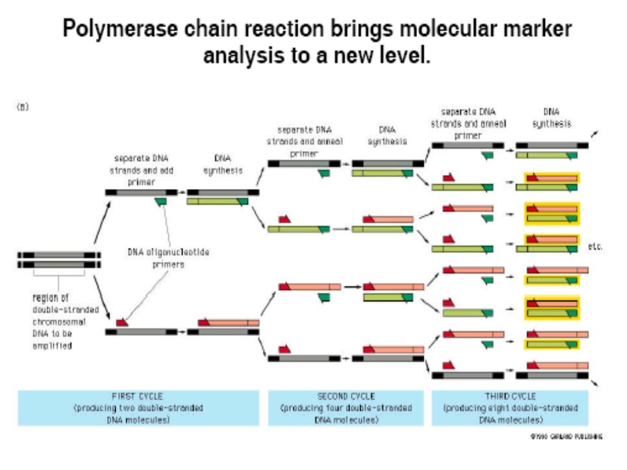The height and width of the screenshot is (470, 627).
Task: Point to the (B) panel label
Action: click(23, 106)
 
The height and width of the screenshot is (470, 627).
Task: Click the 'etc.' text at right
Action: click(595, 247)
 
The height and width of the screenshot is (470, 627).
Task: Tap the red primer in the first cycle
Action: click(122, 322)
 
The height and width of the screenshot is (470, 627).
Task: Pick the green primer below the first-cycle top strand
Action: click(162, 201)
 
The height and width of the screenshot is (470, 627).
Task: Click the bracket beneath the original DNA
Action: click(59, 278)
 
